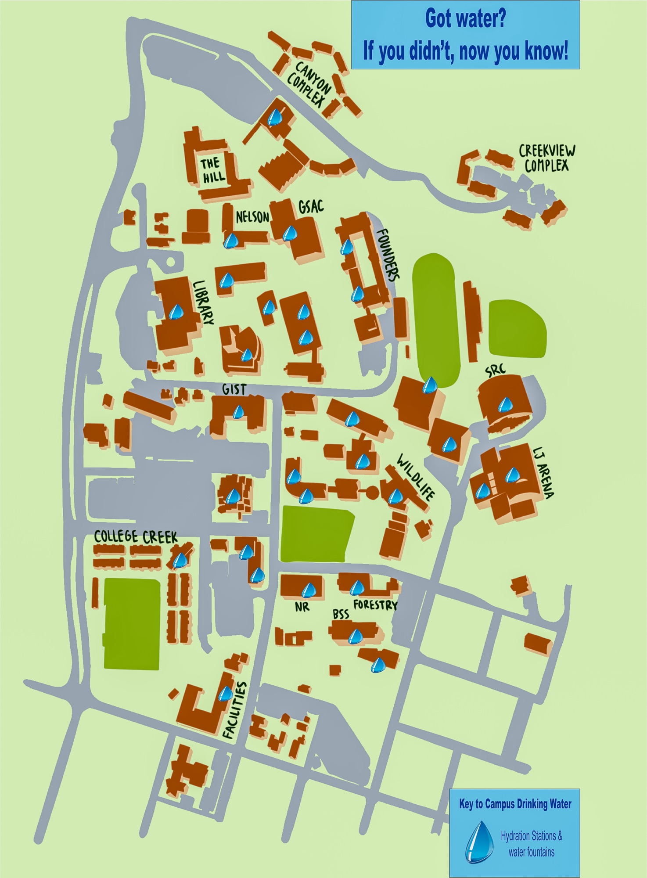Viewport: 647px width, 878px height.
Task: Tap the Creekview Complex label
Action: pos(546,158)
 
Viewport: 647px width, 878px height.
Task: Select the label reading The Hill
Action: pos(213,170)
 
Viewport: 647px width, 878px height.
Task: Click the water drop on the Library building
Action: pos(176,312)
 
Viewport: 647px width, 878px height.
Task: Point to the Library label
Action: pos(204,303)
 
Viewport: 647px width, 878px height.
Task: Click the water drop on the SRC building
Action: pos(506,404)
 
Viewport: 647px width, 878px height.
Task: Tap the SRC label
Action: pos(496,370)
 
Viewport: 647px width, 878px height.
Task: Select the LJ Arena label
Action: pos(543,473)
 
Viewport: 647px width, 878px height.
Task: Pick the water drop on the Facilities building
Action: pos(226,694)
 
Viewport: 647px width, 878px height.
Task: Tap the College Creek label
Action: pos(136,536)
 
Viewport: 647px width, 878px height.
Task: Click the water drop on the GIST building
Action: pos(238,412)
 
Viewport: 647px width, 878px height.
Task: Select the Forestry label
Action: pos(375,605)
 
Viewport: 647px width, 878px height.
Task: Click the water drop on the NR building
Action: pos(309,590)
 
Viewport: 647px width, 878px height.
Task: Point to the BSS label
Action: pos(341,614)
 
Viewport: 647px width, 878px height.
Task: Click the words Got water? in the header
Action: pos(465,18)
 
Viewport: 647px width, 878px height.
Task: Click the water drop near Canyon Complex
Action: pos(275,117)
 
